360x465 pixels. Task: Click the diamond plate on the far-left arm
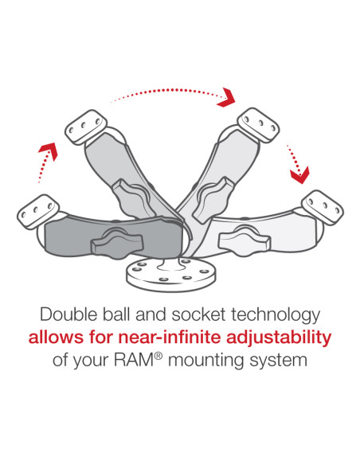[x=34, y=210]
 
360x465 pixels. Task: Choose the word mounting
[x=208, y=361]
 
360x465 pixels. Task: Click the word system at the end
[x=280, y=361]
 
